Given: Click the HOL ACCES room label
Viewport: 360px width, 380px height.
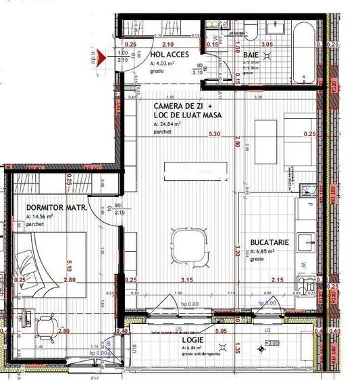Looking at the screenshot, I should pyautogui.click(x=169, y=55).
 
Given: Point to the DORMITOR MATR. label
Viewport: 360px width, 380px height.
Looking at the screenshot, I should pyautogui.click(x=56, y=208).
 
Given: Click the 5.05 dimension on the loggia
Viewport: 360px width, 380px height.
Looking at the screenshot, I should pyautogui.click(x=220, y=331).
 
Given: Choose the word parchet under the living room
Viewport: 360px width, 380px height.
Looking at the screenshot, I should pyautogui.click(x=163, y=132).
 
